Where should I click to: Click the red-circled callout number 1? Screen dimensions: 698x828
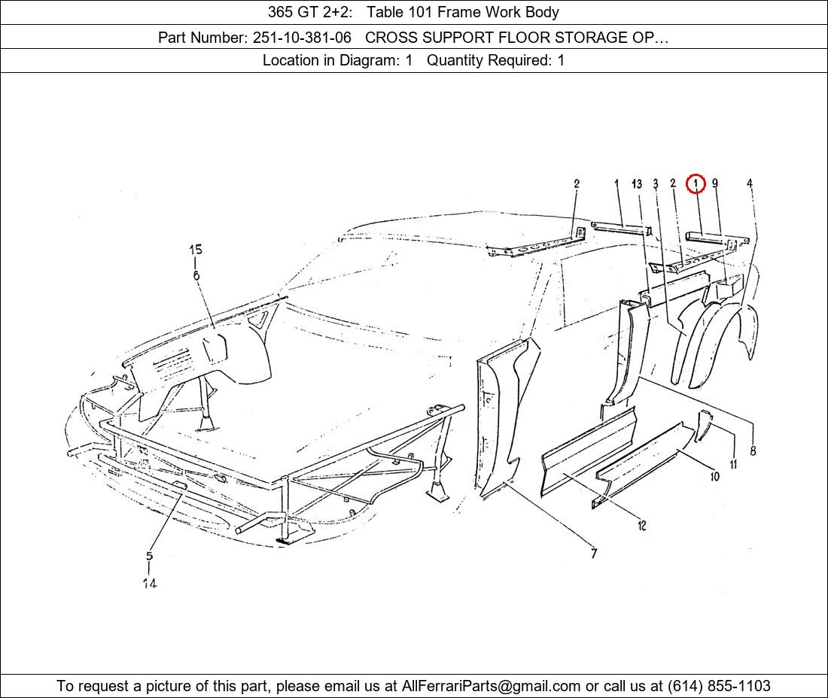[x=696, y=183]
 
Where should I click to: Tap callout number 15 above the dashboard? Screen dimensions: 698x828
[x=196, y=250]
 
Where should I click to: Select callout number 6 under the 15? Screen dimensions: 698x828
[x=196, y=275]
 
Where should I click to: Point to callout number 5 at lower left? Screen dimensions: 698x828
[x=149, y=557]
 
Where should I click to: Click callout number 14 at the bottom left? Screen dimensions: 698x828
[x=149, y=583]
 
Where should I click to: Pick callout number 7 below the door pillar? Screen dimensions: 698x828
[x=594, y=554]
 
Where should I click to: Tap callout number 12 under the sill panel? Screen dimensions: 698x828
[x=641, y=526]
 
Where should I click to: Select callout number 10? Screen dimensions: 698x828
[x=714, y=476]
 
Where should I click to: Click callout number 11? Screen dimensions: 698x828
[x=733, y=465]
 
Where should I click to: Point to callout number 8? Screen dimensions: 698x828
[x=753, y=451]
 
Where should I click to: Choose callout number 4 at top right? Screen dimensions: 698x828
[x=750, y=183]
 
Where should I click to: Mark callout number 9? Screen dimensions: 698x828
[x=714, y=183]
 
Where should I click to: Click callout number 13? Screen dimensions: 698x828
[x=637, y=184]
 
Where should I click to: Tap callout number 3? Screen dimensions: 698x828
[x=656, y=184]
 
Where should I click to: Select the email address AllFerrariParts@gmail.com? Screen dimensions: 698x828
[x=491, y=686]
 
